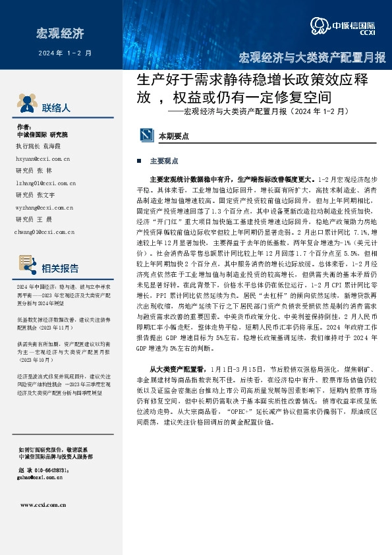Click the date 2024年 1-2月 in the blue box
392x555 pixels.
[65, 52]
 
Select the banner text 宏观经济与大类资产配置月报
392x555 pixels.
[312, 57]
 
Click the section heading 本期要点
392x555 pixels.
[174, 135]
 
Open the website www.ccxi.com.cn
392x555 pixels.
[43, 506]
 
